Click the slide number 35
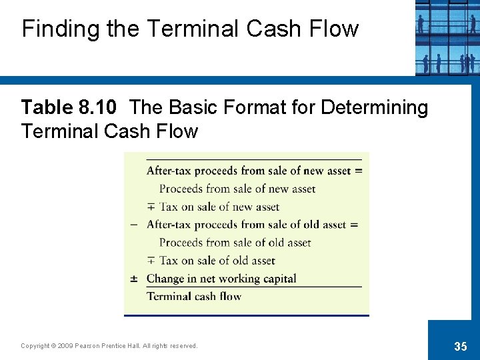(460, 346)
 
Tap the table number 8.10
(97, 107)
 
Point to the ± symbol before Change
(134, 279)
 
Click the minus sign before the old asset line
(134, 225)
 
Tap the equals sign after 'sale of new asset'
(358, 171)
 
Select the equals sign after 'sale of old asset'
(354, 225)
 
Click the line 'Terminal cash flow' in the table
(194, 297)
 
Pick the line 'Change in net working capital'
(221, 279)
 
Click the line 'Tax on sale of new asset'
(219, 207)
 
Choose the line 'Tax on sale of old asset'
(217, 261)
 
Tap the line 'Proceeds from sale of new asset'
(237, 189)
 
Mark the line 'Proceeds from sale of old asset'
(235, 243)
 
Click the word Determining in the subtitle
(374, 107)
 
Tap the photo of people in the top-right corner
(447, 37)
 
